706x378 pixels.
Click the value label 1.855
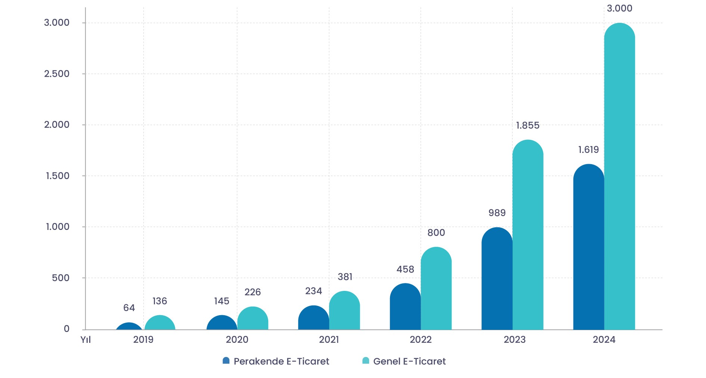527,126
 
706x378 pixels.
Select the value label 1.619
588,150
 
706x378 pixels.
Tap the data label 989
497,213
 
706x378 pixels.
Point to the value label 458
405,270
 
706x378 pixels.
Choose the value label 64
129,308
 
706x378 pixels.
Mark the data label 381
345,277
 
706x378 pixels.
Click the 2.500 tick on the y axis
57,74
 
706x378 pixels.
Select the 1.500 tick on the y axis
58,176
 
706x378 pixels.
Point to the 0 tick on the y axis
66,329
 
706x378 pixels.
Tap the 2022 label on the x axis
421,340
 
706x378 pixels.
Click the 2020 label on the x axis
237,340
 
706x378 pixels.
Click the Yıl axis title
86,340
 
